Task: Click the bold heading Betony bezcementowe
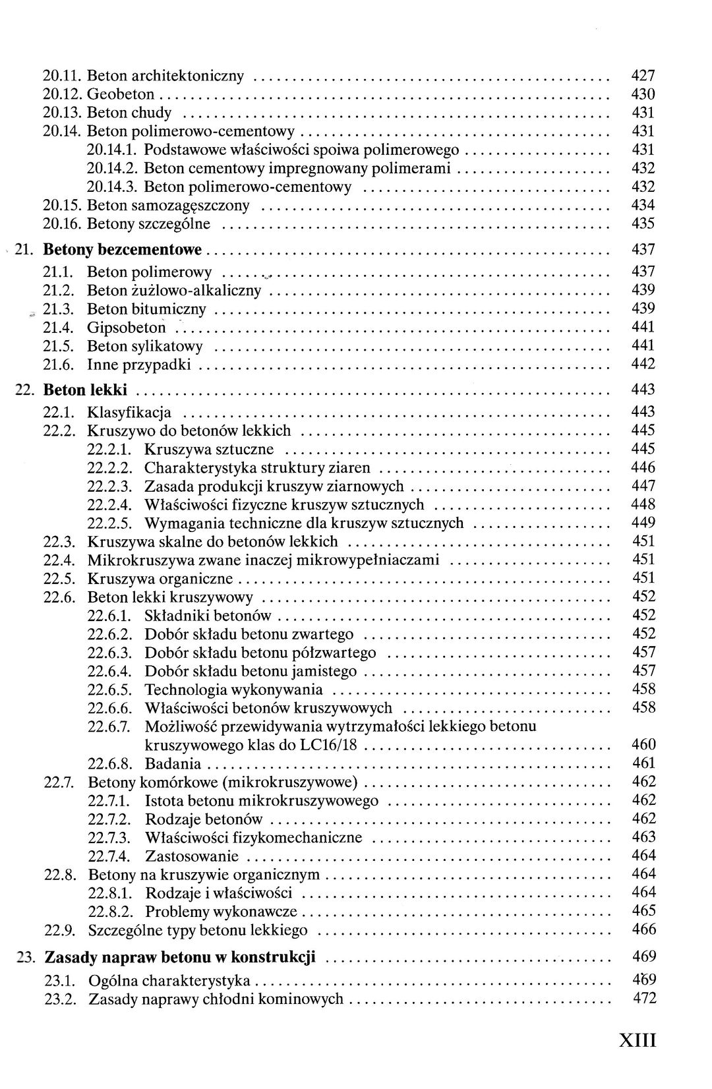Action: [x=122, y=250]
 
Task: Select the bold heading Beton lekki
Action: [x=85, y=390]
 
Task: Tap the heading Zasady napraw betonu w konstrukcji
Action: [x=180, y=957]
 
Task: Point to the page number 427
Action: [x=643, y=76]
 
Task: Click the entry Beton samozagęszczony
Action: [x=168, y=206]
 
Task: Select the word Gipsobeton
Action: [x=127, y=328]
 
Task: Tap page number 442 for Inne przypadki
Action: [x=643, y=364]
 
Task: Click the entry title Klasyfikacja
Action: [x=129, y=413]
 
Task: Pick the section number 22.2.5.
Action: [x=110, y=523]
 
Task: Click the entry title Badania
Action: [x=173, y=764]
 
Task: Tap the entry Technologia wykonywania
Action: [x=233, y=690]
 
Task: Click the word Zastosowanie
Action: [x=191, y=857]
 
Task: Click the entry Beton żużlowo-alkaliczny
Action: [x=174, y=291]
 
